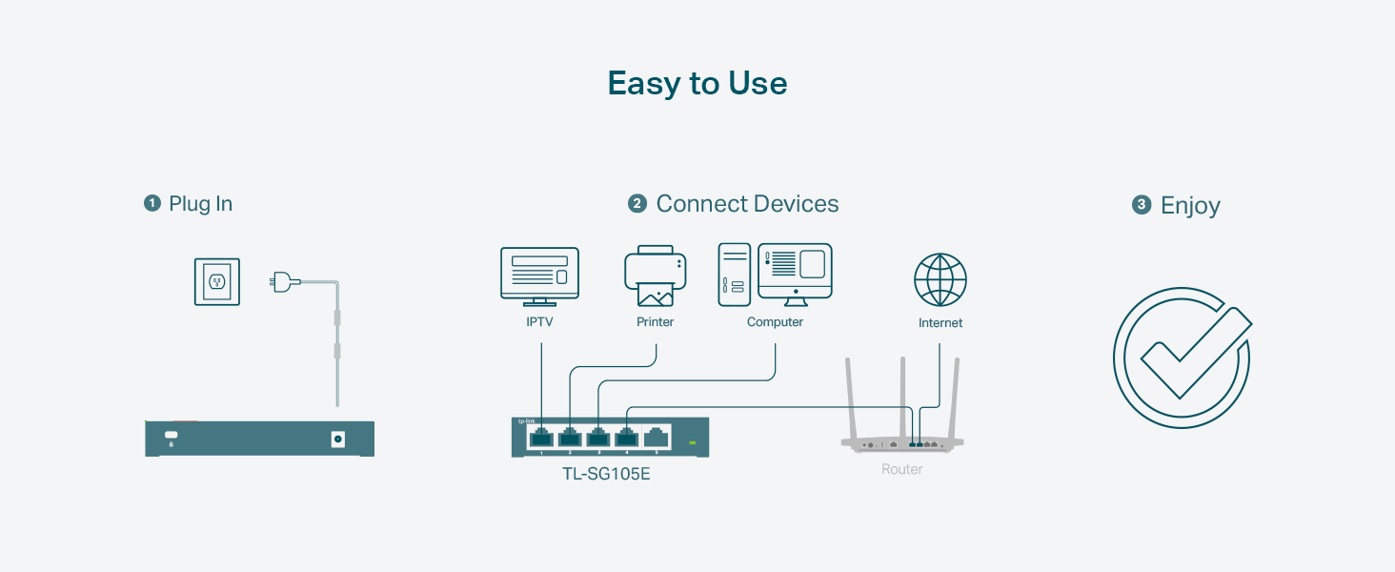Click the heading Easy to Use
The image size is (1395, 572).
(x=697, y=84)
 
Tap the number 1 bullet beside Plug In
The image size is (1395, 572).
(x=152, y=203)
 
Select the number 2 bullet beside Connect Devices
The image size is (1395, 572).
(x=637, y=204)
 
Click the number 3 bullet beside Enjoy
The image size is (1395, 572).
(x=1142, y=205)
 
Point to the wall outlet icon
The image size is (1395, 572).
(x=217, y=281)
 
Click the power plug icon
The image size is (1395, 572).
(x=282, y=281)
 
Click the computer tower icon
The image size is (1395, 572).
(x=734, y=275)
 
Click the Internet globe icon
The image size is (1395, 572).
(x=940, y=279)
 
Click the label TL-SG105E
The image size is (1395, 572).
(x=606, y=473)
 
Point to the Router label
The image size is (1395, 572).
(x=901, y=469)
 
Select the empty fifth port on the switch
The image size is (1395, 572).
(x=657, y=438)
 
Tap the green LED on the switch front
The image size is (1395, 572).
(x=693, y=442)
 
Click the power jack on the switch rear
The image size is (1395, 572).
(x=337, y=439)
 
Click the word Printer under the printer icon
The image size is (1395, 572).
(x=656, y=322)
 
